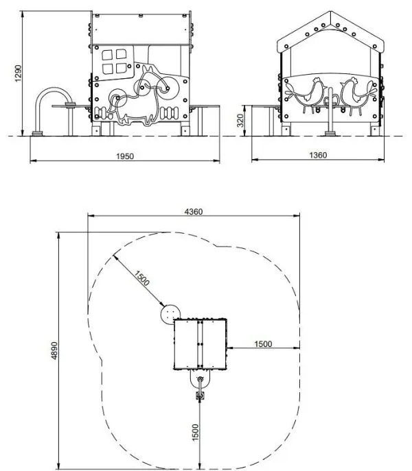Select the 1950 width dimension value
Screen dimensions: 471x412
click(x=124, y=156)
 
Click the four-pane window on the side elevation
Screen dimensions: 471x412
click(x=114, y=62)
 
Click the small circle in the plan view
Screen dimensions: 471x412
click(x=169, y=315)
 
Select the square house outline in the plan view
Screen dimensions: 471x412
click(x=200, y=345)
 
